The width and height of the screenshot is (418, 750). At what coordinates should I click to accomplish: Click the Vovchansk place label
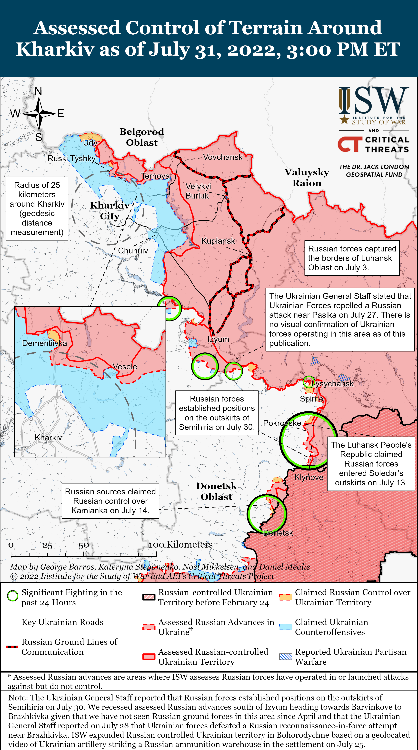pos(223,157)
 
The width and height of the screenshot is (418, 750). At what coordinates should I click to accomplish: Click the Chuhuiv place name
pos(133,251)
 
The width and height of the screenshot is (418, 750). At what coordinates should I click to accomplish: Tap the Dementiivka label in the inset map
pos(45,343)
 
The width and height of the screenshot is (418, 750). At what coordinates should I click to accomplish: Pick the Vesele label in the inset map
pos(125,367)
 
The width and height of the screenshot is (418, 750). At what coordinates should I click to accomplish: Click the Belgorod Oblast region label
pos(142,137)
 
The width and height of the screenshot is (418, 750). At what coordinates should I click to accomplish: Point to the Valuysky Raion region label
pos(307,178)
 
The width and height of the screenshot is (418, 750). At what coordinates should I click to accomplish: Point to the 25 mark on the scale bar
pos(47,545)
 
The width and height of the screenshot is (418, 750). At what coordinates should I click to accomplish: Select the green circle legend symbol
pos(12,596)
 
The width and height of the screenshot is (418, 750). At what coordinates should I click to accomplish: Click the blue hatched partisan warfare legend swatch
pos(286,657)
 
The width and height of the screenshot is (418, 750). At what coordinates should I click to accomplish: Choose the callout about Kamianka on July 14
pos(110,501)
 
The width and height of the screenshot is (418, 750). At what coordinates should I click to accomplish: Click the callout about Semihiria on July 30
pos(217,413)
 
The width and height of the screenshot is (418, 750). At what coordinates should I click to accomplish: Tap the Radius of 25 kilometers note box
pos(37,209)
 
